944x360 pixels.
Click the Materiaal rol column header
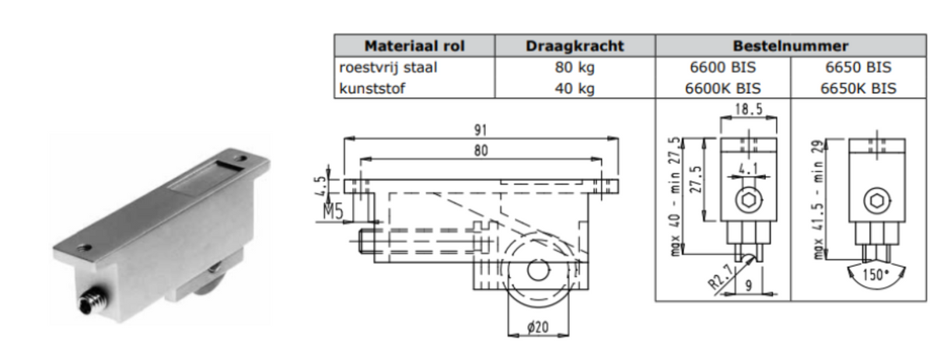tap(414, 46)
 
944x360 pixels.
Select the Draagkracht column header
tap(575, 46)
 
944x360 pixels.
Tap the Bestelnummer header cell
tap(791, 46)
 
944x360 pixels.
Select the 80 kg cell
tap(575, 68)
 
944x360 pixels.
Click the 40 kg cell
tap(575, 88)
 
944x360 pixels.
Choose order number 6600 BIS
tap(722, 68)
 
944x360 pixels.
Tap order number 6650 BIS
tap(858, 68)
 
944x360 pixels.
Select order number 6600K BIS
tap(722, 88)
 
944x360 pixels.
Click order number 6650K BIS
tap(858, 88)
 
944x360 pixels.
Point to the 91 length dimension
tap(481, 130)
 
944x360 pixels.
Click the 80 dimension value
tap(481, 150)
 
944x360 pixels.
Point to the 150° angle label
tap(876, 275)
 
